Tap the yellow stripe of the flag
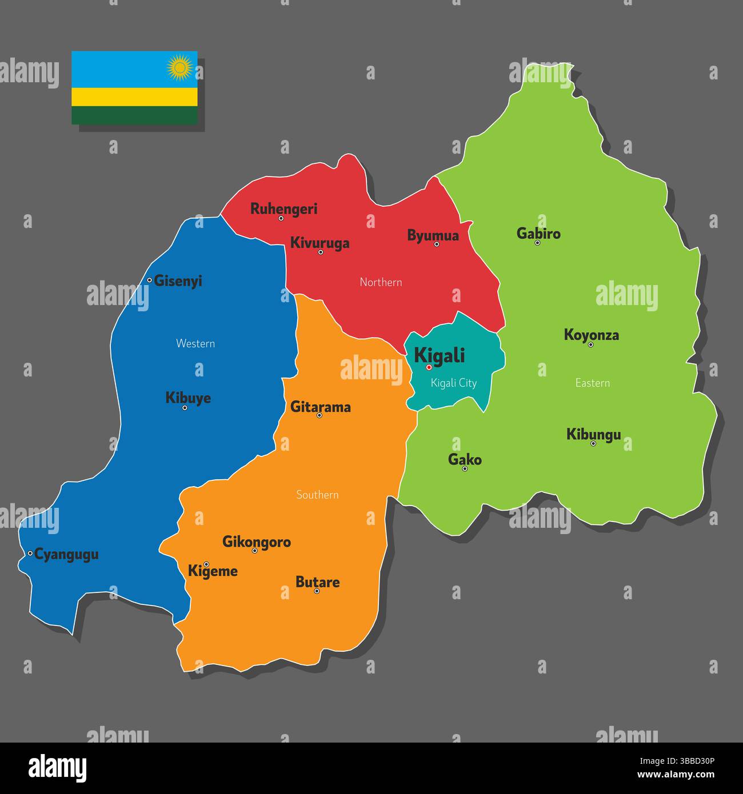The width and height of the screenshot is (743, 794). pyautogui.click(x=134, y=97)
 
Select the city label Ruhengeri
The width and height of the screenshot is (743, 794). pyautogui.click(x=283, y=208)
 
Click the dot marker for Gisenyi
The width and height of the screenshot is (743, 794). pyautogui.click(x=149, y=280)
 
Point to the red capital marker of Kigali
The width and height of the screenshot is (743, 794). pyautogui.click(x=429, y=367)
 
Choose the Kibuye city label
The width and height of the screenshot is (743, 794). pyautogui.click(x=188, y=398)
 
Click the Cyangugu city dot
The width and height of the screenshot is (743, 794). pyautogui.click(x=30, y=553)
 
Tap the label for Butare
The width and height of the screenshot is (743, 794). pyautogui.click(x=317, y=582)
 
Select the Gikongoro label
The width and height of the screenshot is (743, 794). pyautogui.click(x=256, y=541)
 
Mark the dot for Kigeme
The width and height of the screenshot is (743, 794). pyautogui.click(x=206, y=564)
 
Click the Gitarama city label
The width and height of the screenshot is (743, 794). pyautogui.click(x=320, y=407)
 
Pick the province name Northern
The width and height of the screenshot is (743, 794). pyautogui.click(x=381, y=282)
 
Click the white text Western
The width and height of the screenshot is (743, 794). pyautogui.click(x=195, y=343)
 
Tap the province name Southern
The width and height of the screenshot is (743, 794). pyautogui.click(x=317, y=495)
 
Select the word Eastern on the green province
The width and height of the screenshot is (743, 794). pyautogui.click(x=592, y=383)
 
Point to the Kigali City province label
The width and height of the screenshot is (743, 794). pyautogui.click(x=453, y=383)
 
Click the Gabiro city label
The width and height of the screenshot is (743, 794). pyautogui.click(x=538, y=233)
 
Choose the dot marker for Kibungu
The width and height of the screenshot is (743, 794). pyautogui.click(x=593, y=443)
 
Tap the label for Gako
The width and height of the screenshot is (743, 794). pyautogui.click(x=465, y=459)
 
